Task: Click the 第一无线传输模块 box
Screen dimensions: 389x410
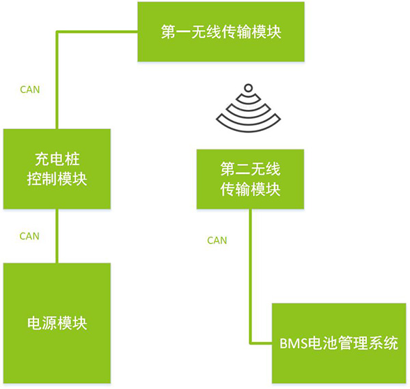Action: (220, 31)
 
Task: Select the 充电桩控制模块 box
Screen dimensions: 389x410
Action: (57, 169)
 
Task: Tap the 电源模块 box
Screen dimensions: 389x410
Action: (57, 322)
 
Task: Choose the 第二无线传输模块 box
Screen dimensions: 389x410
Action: (250, 179)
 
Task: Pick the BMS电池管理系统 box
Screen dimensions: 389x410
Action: (338, 343)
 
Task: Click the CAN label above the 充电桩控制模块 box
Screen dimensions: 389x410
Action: (29, 89)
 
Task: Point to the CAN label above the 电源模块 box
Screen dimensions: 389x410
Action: (29, 236)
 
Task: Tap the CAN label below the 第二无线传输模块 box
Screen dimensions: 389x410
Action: (217, 240)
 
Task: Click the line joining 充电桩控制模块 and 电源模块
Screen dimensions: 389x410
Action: (57, 235)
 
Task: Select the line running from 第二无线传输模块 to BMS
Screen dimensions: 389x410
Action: (250, 273)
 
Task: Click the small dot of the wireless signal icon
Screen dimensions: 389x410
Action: (248, 88)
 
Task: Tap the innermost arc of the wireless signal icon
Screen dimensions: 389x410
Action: (248, 100)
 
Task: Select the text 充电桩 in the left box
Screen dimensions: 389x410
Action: (57, 160)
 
